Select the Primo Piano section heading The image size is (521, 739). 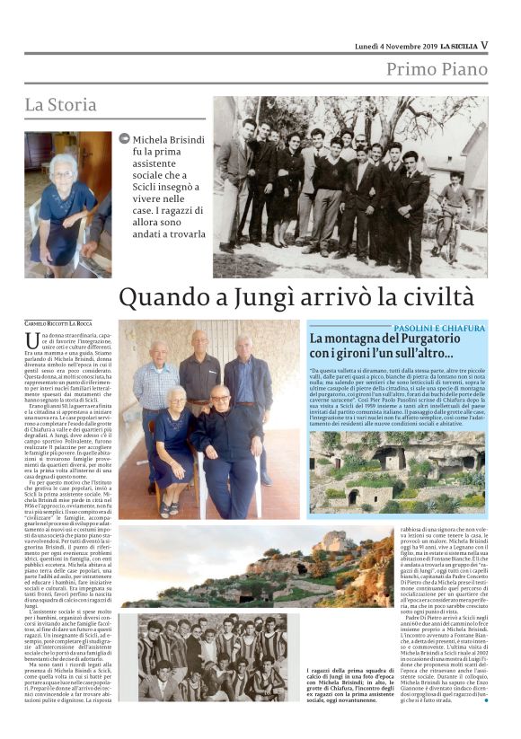pos(437,70)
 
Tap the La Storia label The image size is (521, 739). pos(60,105)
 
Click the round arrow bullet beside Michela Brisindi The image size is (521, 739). pos(124,138)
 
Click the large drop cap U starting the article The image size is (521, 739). pos(32,340)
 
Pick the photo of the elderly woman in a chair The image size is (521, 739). pos(67,205)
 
